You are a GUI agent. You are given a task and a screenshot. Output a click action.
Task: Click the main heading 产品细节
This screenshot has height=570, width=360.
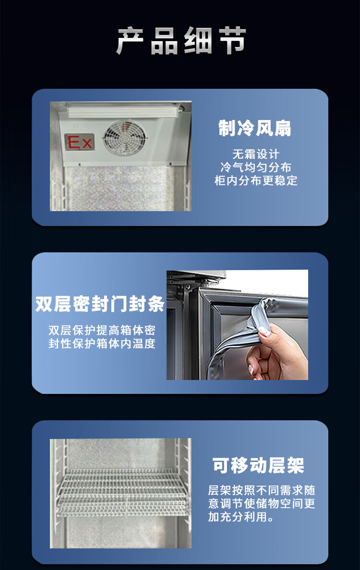(181, 41)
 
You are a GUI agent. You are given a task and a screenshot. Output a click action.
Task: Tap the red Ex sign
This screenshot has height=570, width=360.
(79, 142)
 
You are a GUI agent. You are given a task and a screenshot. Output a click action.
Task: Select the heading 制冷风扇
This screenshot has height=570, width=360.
(255, 128)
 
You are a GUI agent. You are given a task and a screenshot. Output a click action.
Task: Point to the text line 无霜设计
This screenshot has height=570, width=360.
(256, 154)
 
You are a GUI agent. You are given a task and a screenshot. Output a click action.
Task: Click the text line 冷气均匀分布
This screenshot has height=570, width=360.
(256, 167)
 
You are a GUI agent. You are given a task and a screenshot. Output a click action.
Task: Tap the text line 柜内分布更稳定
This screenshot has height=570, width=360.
(256, 180)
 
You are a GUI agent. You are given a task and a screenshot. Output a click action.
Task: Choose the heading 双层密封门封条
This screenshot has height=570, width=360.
(100, 304)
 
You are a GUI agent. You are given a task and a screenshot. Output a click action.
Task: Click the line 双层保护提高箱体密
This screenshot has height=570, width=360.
(102, 330)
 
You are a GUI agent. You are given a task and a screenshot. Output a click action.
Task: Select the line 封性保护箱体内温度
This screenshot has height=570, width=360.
(102, 343)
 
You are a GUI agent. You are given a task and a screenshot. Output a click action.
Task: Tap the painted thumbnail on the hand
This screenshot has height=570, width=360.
(264, 331)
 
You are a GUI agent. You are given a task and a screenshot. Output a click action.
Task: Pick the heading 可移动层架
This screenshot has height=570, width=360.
(259, 465)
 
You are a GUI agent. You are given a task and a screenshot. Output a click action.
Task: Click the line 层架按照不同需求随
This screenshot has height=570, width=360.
(262, 490)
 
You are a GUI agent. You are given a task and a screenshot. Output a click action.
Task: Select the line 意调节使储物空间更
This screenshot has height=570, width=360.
(262, 503)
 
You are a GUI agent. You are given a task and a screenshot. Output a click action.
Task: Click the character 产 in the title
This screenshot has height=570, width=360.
(130, 41)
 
